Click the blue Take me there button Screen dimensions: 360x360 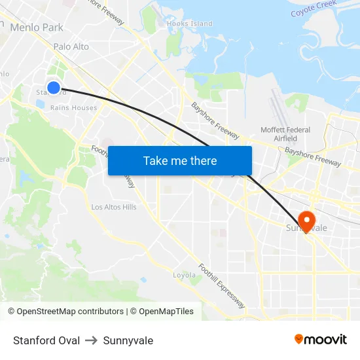[x=180, y=160]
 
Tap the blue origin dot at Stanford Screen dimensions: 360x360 [x=54, y=88]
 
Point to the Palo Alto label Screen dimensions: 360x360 [x=71, y=46]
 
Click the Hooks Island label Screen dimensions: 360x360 [x=190, y=24]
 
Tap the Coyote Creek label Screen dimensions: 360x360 [x=314, y=9]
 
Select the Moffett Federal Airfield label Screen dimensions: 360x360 [x=285, y=134]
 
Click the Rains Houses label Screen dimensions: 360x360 [x=73, y=108]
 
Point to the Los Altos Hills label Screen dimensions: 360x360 [x=114, y=207]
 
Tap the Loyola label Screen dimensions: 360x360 [x=185, y=275]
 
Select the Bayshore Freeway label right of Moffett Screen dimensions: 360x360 [x=312, y=156]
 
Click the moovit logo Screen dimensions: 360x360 [x=321, y=340]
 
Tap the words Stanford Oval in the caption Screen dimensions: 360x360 [x=46, y=340]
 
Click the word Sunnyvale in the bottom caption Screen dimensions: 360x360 [x=128, y=340]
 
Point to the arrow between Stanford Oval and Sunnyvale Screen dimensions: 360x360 [x=92, y=340]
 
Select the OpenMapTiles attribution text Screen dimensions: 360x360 [x=162, y=312]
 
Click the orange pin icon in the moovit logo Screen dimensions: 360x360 [x=299, y=339]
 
